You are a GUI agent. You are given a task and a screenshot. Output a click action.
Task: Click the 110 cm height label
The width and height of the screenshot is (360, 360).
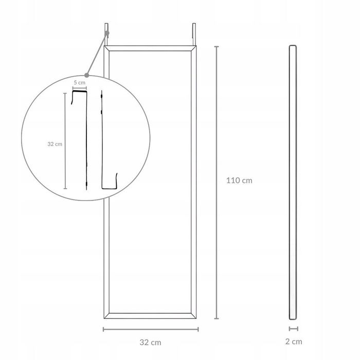[239, 181]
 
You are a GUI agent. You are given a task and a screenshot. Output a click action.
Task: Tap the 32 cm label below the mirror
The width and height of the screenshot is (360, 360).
[150, 343]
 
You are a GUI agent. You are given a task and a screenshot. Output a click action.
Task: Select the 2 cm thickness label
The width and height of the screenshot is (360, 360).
[294, 341]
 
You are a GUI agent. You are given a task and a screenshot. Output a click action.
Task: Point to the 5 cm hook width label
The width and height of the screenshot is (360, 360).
[79, 83]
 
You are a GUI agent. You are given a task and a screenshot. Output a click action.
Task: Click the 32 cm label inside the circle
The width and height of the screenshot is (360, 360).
[55, 144]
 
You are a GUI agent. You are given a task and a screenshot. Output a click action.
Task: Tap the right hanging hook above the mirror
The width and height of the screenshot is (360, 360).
[194, 34]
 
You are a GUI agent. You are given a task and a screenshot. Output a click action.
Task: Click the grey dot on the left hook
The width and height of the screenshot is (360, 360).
[107, 33]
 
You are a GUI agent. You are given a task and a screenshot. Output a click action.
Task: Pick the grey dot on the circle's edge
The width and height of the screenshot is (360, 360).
[86, 75]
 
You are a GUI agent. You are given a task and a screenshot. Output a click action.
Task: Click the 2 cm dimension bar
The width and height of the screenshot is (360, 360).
[294, 329]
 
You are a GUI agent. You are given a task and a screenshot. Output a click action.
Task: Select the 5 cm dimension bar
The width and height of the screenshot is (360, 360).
[80, 88]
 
